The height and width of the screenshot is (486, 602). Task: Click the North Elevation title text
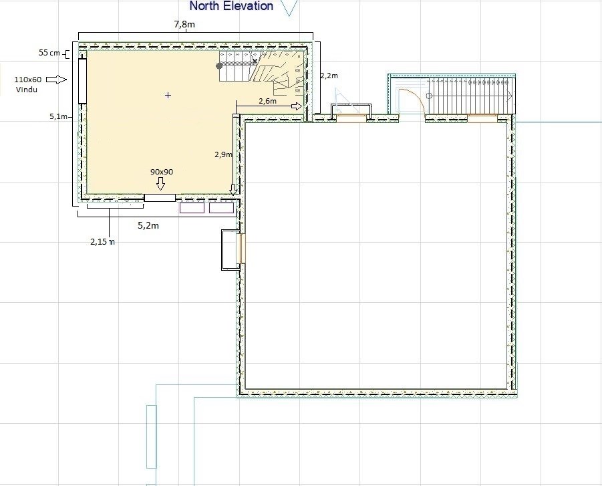click(231, 6)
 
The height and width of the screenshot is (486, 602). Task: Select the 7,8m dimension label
click(184, 24)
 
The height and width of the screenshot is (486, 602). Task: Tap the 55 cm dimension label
click(49, 53)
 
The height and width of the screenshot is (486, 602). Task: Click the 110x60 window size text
click(27, 80)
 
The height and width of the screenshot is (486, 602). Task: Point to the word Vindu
click(27, 90)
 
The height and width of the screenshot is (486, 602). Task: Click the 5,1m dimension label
click(58, 116)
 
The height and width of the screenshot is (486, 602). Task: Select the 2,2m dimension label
click(329, 76)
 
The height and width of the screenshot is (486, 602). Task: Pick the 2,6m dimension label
click(268, 101)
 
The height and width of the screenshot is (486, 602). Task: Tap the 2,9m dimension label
click(223, 154)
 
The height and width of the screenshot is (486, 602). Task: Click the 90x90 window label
click(161, 172)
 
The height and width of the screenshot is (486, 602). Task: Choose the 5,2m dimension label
click(148, 225)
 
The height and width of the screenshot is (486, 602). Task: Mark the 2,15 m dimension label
click(102, 241)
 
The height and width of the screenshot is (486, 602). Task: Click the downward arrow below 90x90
click(161, 183)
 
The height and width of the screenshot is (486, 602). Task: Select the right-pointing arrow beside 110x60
click(56, 80)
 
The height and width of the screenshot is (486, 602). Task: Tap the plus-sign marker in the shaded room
click(168, 95)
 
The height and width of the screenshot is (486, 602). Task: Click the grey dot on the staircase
click(219, 66)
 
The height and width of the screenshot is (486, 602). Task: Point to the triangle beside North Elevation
click(289, 7)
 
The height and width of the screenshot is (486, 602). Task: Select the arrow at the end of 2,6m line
click(297, 106)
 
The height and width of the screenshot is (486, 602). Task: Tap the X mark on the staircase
click(255, 61)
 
